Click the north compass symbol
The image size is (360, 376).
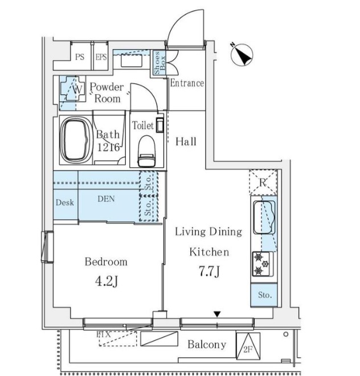point(242,55)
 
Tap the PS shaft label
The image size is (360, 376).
point(80,57)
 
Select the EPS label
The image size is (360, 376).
point(101,57)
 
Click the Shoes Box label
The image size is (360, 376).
point(159,63)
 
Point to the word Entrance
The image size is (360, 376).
point(187,83)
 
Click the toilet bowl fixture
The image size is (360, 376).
point(146,151)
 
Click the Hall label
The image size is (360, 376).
point(186,141)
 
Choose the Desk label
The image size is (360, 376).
point(64,203)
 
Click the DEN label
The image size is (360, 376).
point(106,199)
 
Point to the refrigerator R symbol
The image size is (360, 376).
point(263,183)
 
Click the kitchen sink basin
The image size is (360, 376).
point(264,217)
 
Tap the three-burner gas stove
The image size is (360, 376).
point(263,264)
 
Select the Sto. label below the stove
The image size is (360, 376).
point(265,295)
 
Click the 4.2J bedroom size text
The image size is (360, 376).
point(107,281)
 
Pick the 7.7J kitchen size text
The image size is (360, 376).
point(209,272)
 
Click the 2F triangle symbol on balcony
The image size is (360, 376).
point(248,346)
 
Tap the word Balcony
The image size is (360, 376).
point(207,345)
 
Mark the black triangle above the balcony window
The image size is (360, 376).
point(217,314)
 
